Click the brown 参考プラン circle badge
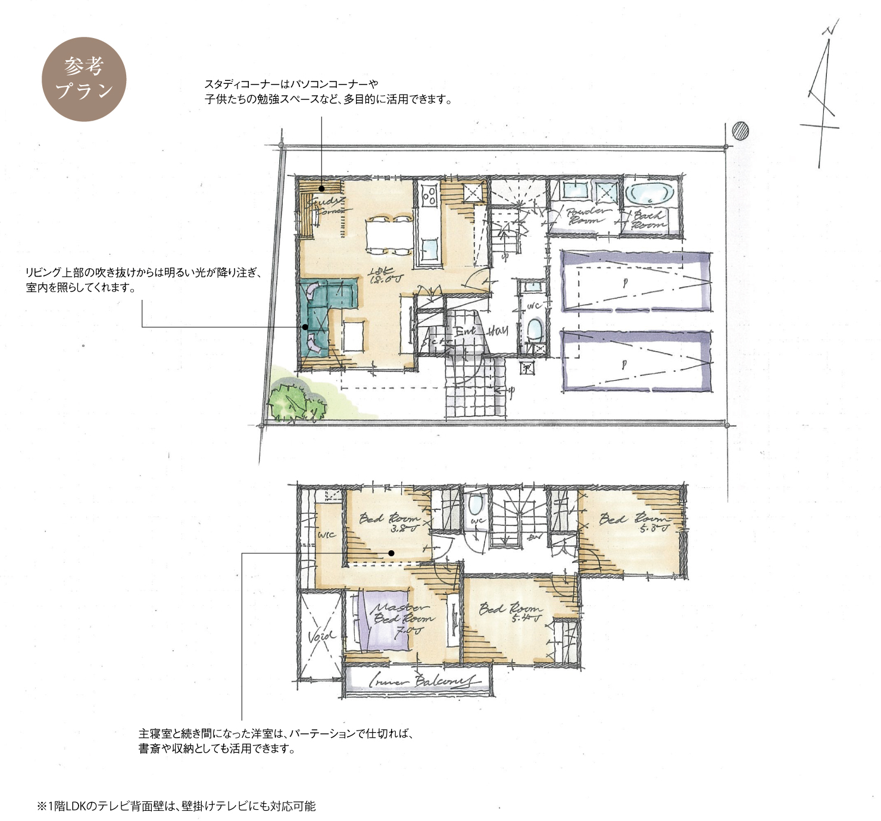84,79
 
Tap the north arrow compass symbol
824,95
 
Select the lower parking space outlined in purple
636,362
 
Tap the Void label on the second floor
321,637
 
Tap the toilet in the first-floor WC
535,328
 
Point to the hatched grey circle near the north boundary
740,130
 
